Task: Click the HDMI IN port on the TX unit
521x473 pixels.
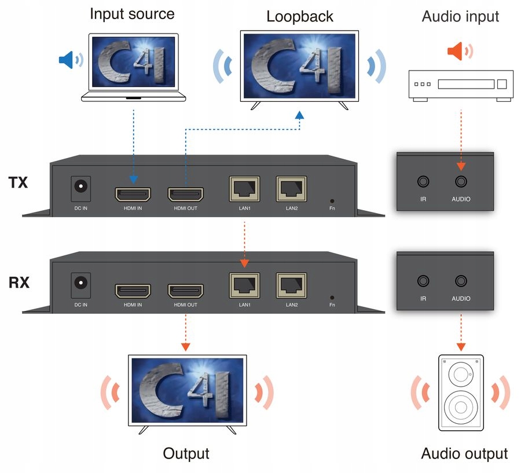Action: click(133, 193)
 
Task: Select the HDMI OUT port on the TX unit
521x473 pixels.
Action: click(185, 193)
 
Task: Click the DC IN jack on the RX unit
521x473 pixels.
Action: click(80, 284)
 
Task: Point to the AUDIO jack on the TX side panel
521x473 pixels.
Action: click(461, 182)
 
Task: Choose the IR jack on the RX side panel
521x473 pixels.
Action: click(423, 281)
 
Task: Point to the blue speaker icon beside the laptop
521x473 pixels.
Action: click(70, 59)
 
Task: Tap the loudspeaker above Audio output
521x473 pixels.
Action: click(461, 393)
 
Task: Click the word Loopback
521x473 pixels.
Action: click(299, 16)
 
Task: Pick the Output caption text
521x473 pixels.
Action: click(186, 453)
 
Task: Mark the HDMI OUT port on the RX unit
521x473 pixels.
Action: click(185, 290)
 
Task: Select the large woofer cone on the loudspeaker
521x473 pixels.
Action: click(461, 407)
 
